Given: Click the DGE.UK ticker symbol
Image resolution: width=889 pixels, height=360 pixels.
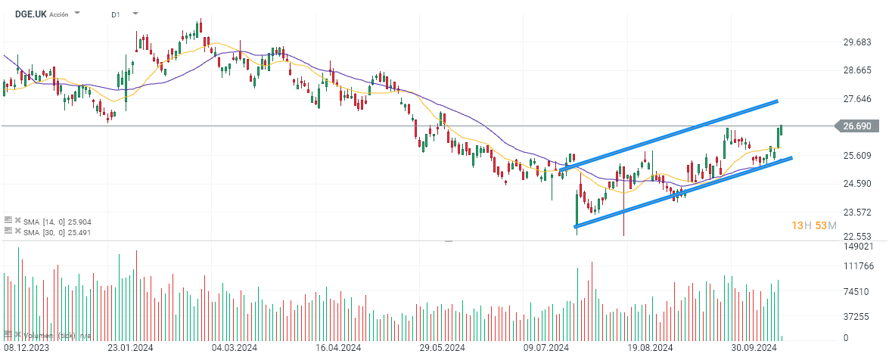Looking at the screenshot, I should (31, 14).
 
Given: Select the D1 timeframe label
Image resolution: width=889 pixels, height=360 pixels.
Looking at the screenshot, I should (116, 14).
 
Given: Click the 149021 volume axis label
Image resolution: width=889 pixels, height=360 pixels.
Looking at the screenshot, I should (858, 247).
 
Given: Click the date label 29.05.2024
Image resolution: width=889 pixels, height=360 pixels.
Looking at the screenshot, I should (441, 348).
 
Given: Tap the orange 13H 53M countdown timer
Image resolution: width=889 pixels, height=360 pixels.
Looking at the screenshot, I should (813, 226).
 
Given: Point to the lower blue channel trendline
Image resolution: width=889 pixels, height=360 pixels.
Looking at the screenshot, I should (681, 193).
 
